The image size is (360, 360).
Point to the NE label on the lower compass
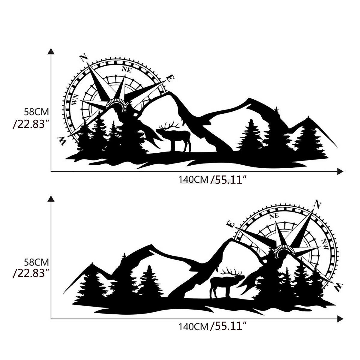(x=274, y=216)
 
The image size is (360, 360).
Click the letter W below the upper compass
(x=62, y=141)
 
